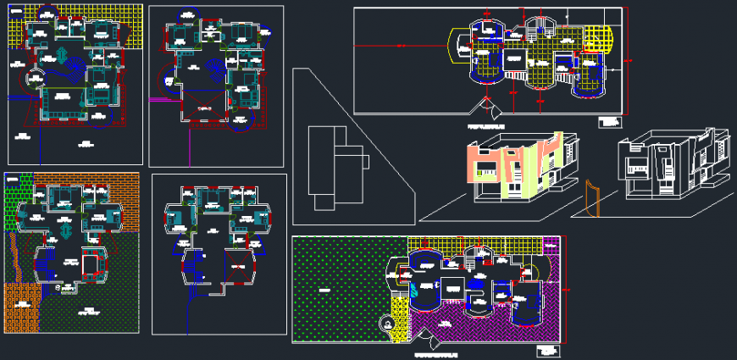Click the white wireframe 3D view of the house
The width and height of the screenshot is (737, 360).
click(673, 165)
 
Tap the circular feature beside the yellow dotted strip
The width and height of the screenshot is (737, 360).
click(388, 324)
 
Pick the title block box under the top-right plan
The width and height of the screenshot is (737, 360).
click(609, 121)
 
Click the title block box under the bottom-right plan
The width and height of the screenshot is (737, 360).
click(548, 349)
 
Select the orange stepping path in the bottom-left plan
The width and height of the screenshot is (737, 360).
click(15, 254)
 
